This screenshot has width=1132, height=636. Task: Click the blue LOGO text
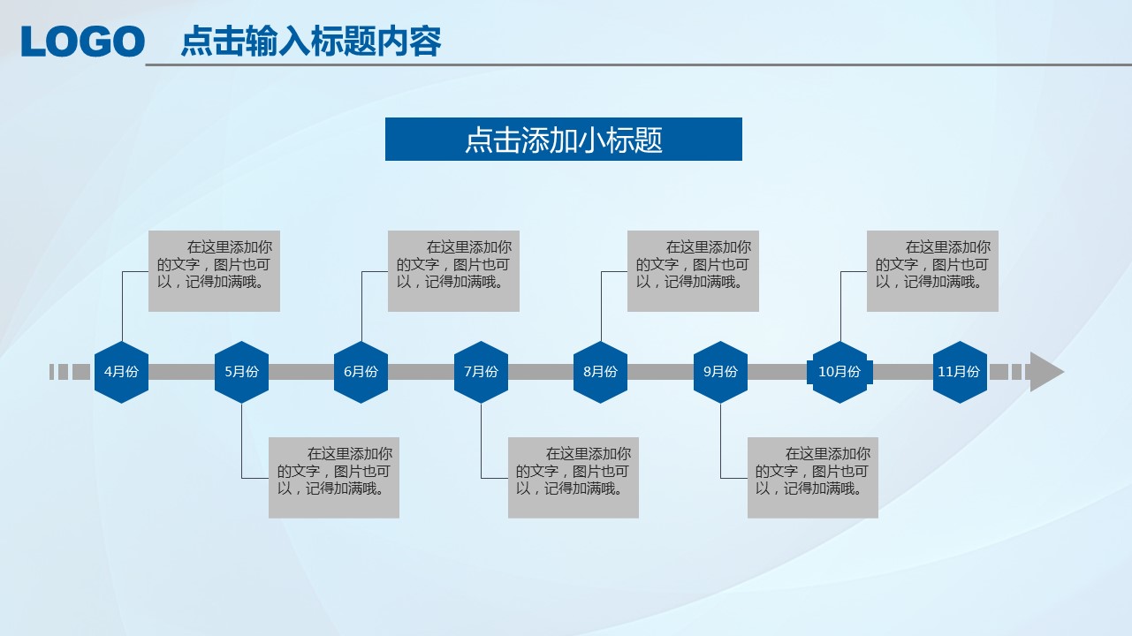pyautogui.click(x=83, y=42)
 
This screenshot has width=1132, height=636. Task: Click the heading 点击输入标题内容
pyautogui.click(x=311, y=41)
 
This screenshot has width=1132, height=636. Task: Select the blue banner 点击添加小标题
pyautogui.click(x=564, y=140)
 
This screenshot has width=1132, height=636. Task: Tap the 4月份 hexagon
pyautogui.click(x=121, y=372)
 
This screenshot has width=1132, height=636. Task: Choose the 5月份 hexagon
pyautogui.click(x=241, y=372)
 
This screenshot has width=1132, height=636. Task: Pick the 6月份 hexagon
pyautogui.click(x=361, y=372)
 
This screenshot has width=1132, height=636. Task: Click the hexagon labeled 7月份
pyautogui.click(x=481, y=372)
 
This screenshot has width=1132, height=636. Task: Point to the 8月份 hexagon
pyautogui.click(x=600, y=372)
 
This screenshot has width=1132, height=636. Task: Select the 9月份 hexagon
pyautogui.click(x=720, y=372)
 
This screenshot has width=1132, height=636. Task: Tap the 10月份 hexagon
pyautogui.click(x=840, y=372)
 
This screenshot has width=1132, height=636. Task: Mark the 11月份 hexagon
pyautogui.click(x=960, y=372)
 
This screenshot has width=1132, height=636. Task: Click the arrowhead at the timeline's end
pyautogui.click(x=1045, y=372)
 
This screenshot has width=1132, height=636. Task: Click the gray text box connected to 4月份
pyautogui.click(x=214, y=271)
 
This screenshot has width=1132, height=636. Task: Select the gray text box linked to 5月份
pyautogui.click(x=334, y=478)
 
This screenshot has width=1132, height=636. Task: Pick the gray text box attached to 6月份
pyautogui.click(x=454, y=271)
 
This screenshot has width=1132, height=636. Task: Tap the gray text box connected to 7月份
pyautogui.click(x=574, y=478)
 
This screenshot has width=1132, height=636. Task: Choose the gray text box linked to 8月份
pyautogui.click(x=694, y=271)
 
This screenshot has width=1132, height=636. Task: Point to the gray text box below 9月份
pyautogui.click(x=813, y=478)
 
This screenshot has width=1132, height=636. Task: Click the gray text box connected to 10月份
pyautogui.click(x=933, y=271)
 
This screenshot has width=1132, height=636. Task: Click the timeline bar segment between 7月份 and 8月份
pyautogui.click(x=541, y=372)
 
